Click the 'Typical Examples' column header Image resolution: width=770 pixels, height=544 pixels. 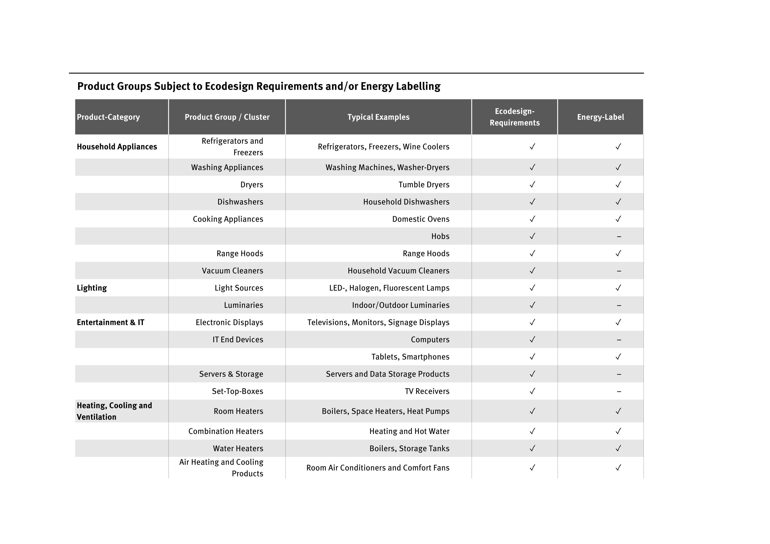coord(378,117)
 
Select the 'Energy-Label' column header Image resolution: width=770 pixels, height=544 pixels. coord(600,117)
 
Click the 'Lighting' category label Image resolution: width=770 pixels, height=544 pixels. coord(92,288)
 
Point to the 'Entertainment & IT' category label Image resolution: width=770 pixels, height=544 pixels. coord(110,323)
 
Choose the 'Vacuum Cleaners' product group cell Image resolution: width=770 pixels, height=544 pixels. coord(232,271)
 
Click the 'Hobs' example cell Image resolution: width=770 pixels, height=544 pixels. coord(440,236)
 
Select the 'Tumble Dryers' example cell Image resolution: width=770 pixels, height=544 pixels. coord(424,185)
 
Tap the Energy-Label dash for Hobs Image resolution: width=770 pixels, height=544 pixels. coord(619,237)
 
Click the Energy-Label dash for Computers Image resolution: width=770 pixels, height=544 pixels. coord(619,340)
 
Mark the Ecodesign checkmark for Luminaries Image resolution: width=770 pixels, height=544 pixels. coord(532,305)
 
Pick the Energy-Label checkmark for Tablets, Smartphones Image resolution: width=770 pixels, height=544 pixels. coord(618,357)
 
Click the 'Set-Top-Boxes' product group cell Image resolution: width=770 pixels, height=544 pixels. coord(237,391)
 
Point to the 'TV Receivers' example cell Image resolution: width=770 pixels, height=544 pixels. coord(427,391)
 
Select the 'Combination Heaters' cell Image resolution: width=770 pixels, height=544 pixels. coord(226,431)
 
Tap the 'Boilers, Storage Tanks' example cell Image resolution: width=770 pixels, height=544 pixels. coord(409,448)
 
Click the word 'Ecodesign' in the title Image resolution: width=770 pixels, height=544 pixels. coord(229,86)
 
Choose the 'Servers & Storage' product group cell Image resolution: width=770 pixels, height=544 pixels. coord(231,374)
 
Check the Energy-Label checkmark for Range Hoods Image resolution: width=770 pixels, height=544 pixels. coord(618,253)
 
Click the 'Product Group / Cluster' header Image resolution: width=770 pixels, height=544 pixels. coord(227,117)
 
